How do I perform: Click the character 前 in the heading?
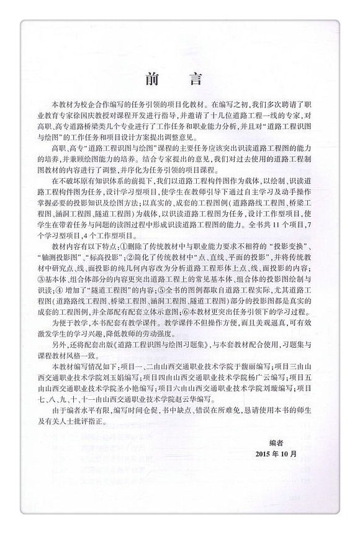151,79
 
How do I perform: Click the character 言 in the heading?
200,79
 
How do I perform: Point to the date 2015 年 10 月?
276,471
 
